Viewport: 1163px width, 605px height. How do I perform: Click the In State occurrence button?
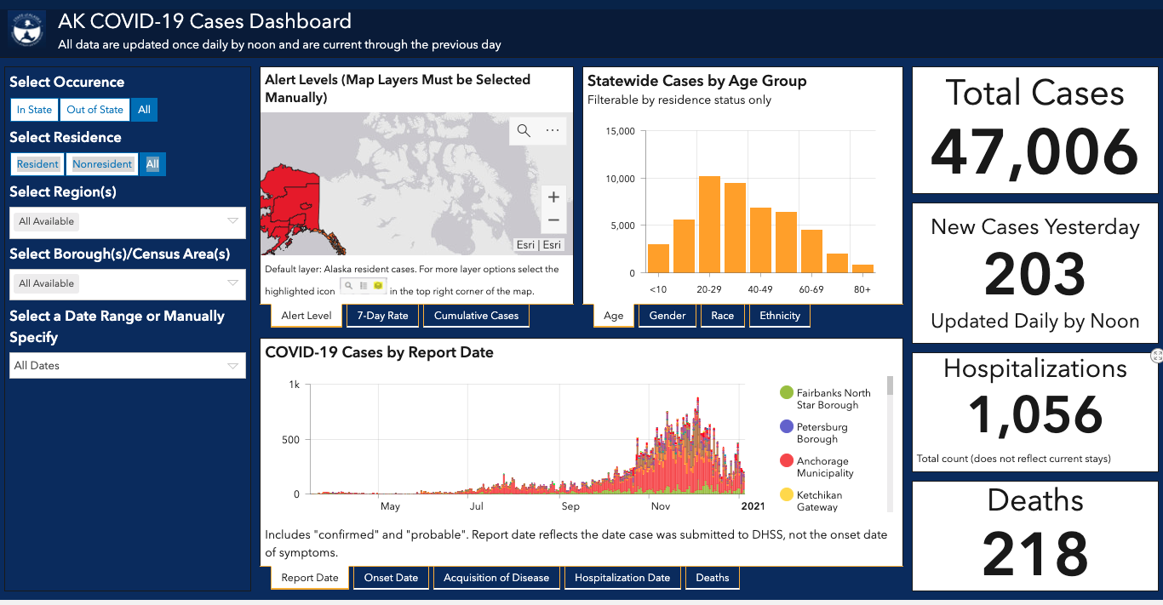coord(34,110)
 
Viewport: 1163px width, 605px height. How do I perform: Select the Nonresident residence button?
coord(102,164)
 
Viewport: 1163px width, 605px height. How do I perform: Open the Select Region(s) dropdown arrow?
coord(232,221)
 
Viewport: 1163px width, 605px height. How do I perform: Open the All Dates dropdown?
coord(127,365)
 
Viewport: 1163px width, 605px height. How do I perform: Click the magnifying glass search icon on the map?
coord(524,130)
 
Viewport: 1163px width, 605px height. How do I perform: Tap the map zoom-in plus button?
coord(553,197)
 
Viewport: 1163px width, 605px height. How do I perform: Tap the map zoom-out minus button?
coord(553,220)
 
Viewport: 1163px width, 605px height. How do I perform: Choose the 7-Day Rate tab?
coord(382,316)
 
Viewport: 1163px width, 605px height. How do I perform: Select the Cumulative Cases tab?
coord(476,316)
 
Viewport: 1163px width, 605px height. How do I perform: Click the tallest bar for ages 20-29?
coord(709,225)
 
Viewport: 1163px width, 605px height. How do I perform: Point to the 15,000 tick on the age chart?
coord(620,131)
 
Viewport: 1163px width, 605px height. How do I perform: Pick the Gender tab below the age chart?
coord(667,316)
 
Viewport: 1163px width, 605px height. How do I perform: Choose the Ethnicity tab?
coord(779,316)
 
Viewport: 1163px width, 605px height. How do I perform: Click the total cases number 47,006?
coord(1034,153)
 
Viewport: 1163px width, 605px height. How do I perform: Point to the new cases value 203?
coord(1034,273)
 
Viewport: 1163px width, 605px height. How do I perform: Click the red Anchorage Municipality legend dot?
coord(787,460)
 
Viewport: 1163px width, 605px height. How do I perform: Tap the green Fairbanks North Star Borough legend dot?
coord(787,392)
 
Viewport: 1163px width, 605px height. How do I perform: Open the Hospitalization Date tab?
coord(622,578)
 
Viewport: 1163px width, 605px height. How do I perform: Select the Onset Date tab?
coord(391,578)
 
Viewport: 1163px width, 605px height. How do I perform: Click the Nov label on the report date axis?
coord(661,506)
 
